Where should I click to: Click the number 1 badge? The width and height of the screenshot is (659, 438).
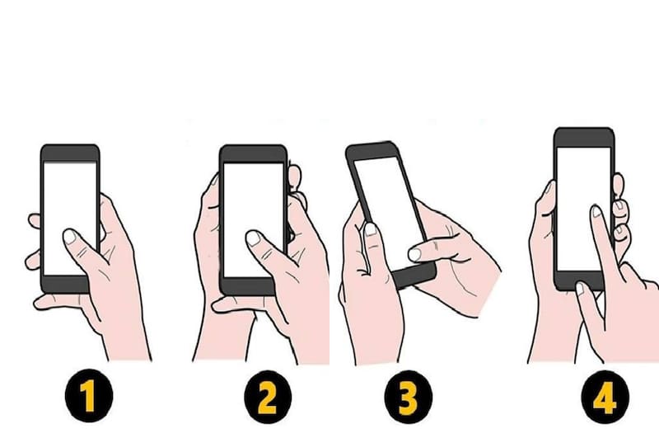[89, 395]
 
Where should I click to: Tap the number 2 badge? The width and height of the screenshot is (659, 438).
[268, 397]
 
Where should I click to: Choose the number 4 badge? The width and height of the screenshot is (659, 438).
[605, 397]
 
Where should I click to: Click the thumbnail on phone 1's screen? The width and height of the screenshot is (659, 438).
[70, 237]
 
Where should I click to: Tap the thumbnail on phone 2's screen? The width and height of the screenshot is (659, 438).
[253, 238]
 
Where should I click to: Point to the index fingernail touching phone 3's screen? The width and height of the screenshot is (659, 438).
[414, 254]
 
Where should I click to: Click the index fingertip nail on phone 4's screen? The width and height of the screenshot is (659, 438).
[596, 211]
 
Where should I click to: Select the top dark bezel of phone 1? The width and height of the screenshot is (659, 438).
[70, 153]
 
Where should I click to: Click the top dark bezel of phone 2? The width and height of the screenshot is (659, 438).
[254, 154]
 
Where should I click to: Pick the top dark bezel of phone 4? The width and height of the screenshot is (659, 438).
[584, 138]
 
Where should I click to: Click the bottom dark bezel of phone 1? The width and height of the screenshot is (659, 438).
[65, 285]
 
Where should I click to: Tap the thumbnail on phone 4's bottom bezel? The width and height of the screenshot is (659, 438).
[580, 289]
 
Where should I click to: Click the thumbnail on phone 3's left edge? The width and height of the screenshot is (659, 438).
[370, 229]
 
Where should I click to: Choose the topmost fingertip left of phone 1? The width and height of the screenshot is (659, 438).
[35, 221]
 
